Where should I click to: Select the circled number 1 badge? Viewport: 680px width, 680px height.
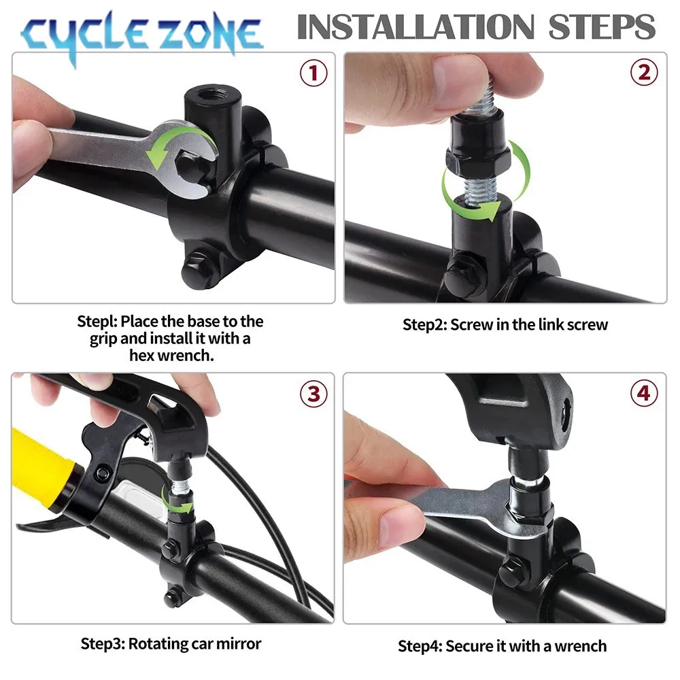[313, 73]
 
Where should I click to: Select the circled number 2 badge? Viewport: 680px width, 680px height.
[644, 73]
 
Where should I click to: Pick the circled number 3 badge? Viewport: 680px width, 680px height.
[313, 394]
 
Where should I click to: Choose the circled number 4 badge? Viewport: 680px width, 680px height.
[644, 394]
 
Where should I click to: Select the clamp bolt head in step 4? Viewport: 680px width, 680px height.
[517, 565]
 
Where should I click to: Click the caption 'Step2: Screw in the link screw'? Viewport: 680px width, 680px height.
[505, 324]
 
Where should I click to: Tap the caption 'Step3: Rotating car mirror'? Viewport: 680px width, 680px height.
[171, 643]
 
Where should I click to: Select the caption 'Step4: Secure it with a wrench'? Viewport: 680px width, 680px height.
[502, 645]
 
